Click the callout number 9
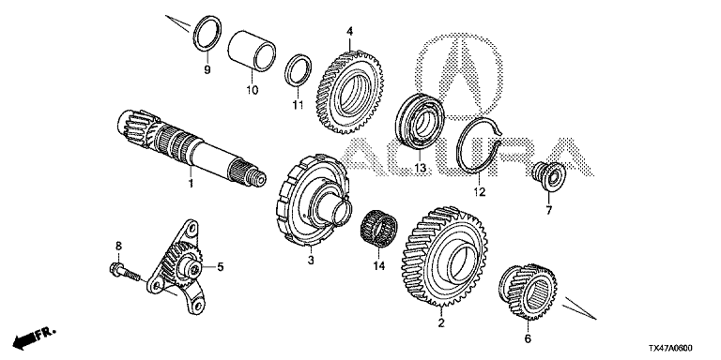coord(207,69)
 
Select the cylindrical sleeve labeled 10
coord(252,51)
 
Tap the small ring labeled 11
coord(298,70)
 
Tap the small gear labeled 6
coord(528,292)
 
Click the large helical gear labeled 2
coord(445,258)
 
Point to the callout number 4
coord(350,31)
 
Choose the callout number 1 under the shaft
coord(190,184)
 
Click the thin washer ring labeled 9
coord(207,33)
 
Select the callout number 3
coord(311,261)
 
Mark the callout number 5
coord(220,267)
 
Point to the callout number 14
coord(379,265)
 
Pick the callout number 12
coord(480,192)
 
